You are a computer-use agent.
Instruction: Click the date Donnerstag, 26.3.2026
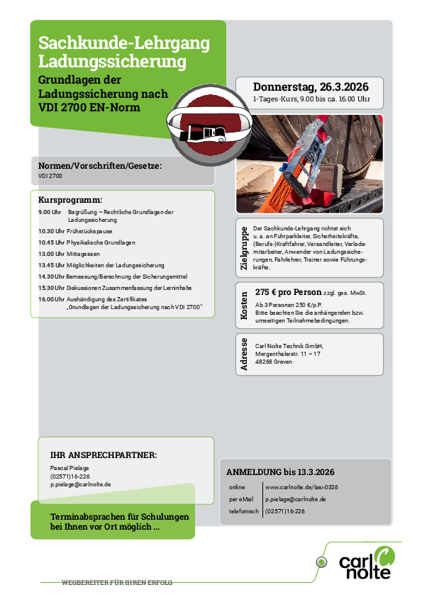point(311,87)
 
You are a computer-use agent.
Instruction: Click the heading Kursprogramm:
point(70,200)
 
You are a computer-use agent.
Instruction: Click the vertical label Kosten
point(245,306)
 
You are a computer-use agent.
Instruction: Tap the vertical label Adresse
point(245,355)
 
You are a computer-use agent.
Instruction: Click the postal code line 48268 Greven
point(273,362)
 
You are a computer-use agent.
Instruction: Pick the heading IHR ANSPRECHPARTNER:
point(104,454)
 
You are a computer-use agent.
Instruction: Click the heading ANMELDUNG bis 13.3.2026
point(280,472)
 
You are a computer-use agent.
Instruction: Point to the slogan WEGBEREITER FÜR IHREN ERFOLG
point(117,583)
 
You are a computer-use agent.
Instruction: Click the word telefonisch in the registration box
point(243,510)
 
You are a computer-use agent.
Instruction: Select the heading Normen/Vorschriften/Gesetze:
point(100,165)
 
